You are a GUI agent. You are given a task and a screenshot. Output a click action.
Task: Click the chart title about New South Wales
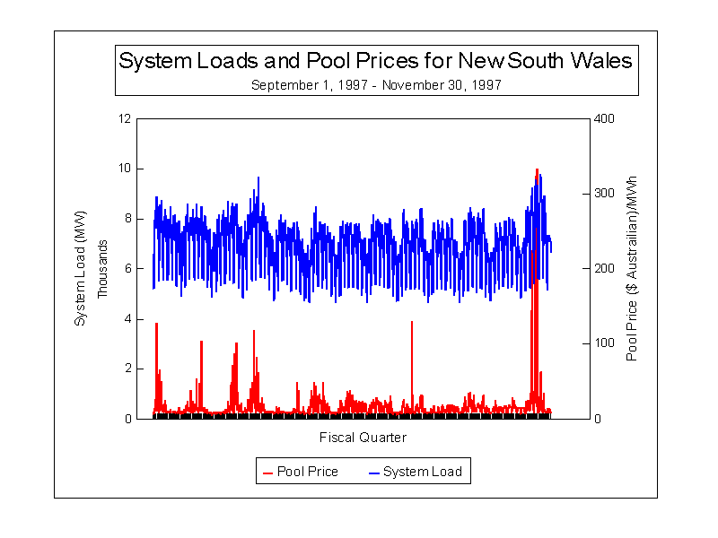(375, 61)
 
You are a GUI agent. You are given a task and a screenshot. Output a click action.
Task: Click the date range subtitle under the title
(375, 85)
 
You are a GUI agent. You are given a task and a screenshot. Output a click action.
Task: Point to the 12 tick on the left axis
(124, 118)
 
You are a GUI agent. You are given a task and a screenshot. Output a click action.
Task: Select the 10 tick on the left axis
(124, 169)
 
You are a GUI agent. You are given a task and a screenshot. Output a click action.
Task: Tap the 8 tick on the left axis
(127, 219)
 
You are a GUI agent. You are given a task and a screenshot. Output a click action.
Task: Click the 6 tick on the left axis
(127, 269)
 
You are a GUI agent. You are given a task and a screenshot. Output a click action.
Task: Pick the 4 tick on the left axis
(127, 319)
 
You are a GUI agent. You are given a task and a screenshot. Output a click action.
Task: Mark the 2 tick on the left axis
(127, 369)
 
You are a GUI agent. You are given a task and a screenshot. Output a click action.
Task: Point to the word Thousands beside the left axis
(103, 269)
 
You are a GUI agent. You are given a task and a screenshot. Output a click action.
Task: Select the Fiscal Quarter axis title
(363, 438)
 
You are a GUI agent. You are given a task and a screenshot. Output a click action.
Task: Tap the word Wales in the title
(600, 61)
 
